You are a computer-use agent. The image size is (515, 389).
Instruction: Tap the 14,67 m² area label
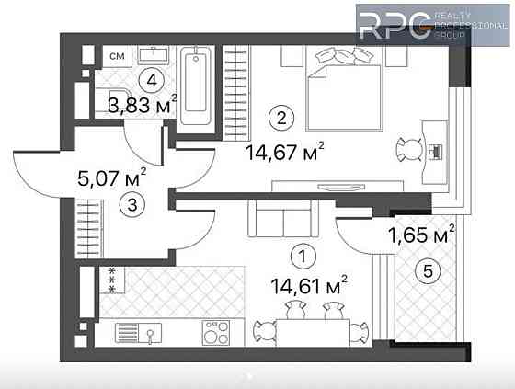tap(286, 150)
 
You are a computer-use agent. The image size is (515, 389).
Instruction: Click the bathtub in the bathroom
tap(196, 87)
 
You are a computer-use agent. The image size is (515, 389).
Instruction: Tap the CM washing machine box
tap(117, 57)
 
